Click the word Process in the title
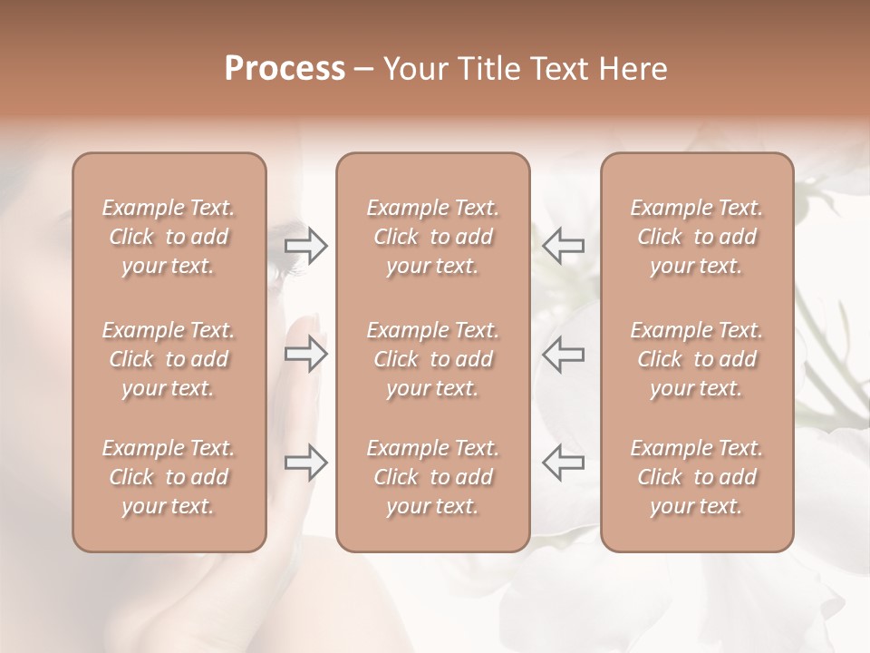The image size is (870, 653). pos(285,68)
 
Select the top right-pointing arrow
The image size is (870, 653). pos(306,245)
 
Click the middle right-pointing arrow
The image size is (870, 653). pos(306,354)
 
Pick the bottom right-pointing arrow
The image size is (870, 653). pos(306,463)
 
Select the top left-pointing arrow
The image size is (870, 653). pos(563,245)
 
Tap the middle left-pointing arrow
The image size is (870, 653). pos(563,354)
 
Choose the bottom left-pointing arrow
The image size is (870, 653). pos(563,463)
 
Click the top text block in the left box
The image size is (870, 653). pos(169,237)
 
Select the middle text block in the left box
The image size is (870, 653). pos(169,359)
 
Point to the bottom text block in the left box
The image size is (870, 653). pos(169,477)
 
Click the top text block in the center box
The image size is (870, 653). pos(432,237)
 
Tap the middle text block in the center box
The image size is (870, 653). pos(432,359)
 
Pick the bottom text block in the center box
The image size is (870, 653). pos(432,477)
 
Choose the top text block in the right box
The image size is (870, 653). pos(696,237)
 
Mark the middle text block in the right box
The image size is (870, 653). pos(696,359)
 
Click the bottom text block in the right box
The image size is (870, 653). pos(696,477)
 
